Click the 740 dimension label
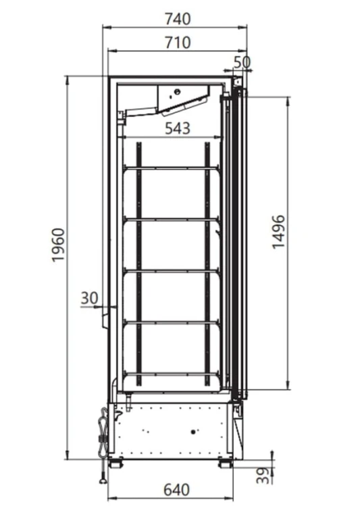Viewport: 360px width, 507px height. coord(178,19)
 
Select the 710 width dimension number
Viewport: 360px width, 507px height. coord(178,43)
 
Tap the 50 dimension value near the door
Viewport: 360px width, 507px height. coord(242,62)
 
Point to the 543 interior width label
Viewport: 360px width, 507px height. coord(178,128)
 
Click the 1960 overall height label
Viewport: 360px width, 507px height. coord(59,245)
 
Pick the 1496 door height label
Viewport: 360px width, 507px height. coord(278,231)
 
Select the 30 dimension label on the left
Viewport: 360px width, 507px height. coord(89,298)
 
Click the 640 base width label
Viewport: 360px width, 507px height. coord(176,490)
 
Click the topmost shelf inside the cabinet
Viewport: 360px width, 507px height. coord(171,168)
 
